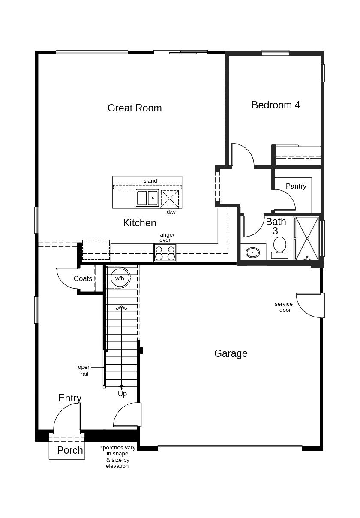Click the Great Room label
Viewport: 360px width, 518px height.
point(135,108)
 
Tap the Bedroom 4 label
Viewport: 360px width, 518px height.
point(276,105)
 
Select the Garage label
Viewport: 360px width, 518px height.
point(231,353)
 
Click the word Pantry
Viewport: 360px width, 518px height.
point(296,186)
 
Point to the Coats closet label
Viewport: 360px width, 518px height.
point(83,278)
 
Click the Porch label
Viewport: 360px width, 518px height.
point(70,450)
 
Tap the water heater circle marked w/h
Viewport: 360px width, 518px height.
point(120,278)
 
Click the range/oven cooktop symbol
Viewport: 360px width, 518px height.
point(165,253)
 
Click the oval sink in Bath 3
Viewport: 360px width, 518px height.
point(253,252)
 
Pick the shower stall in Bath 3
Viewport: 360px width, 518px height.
point(307,238)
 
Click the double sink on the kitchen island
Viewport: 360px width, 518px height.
point(147,198)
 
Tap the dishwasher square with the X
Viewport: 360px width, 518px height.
point(170,198)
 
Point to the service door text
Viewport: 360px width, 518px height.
point(284,307)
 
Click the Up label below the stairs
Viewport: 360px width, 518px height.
point(122,394)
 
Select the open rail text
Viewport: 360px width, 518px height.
point(84,371)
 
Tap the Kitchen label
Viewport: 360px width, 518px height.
point(140,223)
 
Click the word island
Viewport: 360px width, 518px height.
point(150,181)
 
